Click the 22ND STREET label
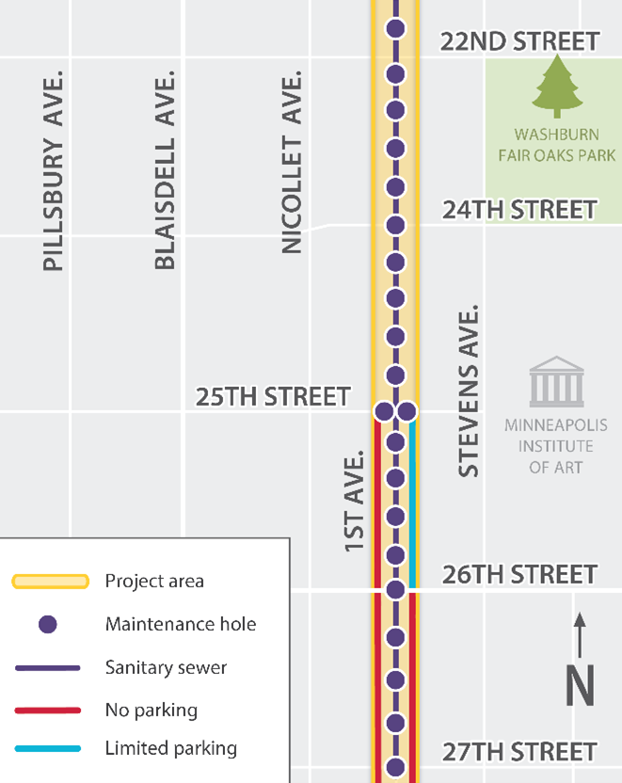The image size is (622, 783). click(x=519, y=41)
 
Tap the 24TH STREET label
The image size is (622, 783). click(x=519, y=209)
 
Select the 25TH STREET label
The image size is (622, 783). click(x=273, y=397)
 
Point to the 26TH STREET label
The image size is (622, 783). click(x=519, y=574)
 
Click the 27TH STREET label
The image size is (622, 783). click(x=519, y=752)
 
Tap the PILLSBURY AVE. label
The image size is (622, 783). click(x=55, y=169)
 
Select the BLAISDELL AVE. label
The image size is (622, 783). click(x=166, y=169)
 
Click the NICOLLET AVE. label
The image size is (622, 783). click(x=293, y=162)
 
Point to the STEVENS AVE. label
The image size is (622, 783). click(x=469, y=390)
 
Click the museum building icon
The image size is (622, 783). click(x=556, y=381)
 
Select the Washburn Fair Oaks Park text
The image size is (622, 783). click(x=557, y=145)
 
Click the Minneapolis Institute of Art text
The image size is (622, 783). click(x=556, y=445)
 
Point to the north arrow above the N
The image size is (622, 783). click(x=580, y=634)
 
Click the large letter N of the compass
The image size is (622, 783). click(x=580, y=686)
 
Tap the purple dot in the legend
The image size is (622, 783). click(x=47, y=624)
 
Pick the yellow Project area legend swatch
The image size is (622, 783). click(x=50, y=582)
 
